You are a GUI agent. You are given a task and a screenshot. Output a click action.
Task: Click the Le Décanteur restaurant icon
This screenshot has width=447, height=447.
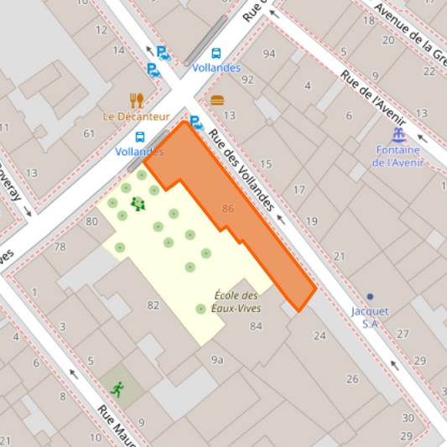pyautogui.click(x=137, y=100)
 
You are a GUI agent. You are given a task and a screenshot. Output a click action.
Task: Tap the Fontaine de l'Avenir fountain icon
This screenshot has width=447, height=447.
pyautogui.click(x=399, y=134)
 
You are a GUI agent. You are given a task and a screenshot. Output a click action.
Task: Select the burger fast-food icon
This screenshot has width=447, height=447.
pyautogui.click(x=217, y=100)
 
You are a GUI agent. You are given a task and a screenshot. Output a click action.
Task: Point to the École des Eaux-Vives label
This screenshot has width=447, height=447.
pyautogui.click(x=237, y=302)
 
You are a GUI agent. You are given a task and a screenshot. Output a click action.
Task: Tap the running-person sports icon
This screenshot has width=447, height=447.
pyautogui.click(x=117, y=388)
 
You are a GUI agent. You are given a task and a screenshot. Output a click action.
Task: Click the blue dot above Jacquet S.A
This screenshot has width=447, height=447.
pyautogui.click(x=370, y=296)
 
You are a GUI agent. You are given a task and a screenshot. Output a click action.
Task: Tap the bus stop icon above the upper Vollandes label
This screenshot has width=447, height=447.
pyautogui.click(x=216, y=53)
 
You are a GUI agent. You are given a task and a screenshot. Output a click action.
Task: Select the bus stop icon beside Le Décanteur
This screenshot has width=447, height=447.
pyautogui.click(x=140, y=137)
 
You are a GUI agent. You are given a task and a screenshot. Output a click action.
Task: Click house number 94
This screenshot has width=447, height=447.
pyautogui.click(x=268, y=55)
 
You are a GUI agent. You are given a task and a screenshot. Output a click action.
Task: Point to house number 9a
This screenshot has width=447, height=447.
pyautogui.click(x=217, y=360)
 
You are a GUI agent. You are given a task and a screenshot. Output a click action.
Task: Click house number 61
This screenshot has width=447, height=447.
pyautogui.click(x=89, y=133)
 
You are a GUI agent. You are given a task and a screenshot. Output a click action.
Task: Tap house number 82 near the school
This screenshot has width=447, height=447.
pyautogui.click(x=153, y=304)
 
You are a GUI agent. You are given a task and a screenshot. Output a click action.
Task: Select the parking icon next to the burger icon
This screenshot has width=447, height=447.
pyautogui.click(x=196, y=122)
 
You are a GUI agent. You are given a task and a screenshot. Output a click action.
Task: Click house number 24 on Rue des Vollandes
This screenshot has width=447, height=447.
pyautogui.click(x=319, y=335)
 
